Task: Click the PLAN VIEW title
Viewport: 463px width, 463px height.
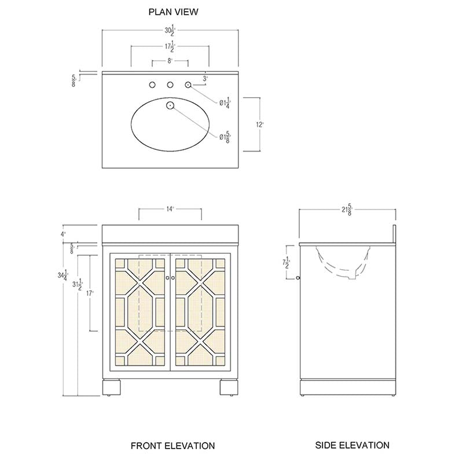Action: pos(173,12)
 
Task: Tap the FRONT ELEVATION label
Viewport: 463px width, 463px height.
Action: pos(172,446)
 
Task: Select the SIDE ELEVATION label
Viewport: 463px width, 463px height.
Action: pos(352,445)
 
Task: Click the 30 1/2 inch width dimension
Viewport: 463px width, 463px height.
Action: pos(170,30)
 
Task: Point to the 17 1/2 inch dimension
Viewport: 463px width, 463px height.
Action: pos(170,46)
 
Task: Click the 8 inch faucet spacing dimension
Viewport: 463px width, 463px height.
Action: pos(170,61)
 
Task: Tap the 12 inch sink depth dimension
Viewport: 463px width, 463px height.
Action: pos(259,124)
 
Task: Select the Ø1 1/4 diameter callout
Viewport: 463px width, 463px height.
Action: pos(225,103)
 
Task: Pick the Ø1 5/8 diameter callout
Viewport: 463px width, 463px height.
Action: pos(225,137)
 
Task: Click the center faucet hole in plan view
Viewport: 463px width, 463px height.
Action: pos(170,84)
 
